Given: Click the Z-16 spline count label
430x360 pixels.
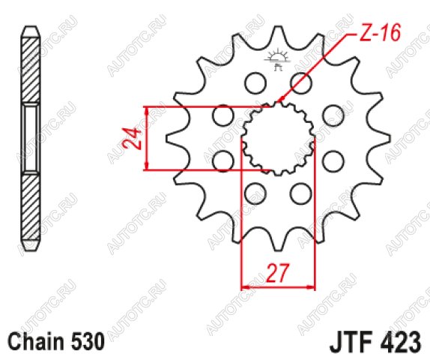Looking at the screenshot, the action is pyautogui.click(x=380, y=33).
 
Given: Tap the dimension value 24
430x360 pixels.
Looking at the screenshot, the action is pyautogui.click(x=132, y=139).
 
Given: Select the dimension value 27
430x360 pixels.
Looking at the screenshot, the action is pyautogui.click(x=278, y=273).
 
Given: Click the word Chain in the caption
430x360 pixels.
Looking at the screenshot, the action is pyautogui.click(x=35, y=341).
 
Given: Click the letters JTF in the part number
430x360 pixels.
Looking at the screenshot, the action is pyautogui.click(x=352, y=343).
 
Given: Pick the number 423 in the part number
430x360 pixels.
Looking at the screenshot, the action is pyautogui.click(x=400, y=343).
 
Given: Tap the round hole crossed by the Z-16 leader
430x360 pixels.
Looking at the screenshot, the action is pyautogui.click(x=301, y=82).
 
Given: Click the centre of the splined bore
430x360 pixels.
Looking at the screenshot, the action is pyautogui.click(x=279, y=139).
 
